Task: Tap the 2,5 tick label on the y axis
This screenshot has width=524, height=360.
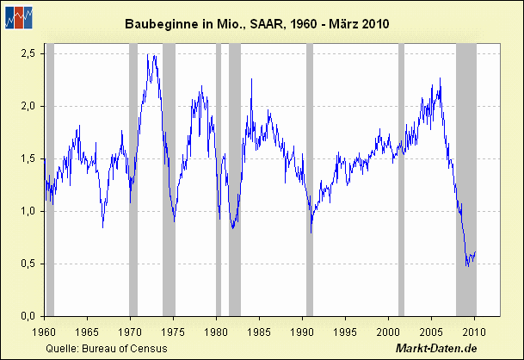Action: pos(28,53)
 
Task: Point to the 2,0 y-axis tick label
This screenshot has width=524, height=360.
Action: pos(28,106)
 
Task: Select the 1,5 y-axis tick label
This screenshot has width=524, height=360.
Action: pos(28,158)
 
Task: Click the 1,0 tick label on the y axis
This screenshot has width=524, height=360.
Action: pos(28,211)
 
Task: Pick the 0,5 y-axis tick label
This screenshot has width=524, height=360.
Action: pos(28,264)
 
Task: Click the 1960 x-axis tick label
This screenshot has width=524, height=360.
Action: pos(43,330)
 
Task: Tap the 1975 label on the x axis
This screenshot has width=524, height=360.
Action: pos(172,330)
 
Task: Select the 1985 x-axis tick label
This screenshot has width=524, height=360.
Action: pos(259,330)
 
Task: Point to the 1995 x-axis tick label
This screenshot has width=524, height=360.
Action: pos(345,330)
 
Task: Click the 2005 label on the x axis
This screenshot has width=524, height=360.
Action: pos(431,330)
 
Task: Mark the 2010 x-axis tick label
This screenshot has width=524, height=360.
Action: pos(474,330)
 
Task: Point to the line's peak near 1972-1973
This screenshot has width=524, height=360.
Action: pos(152,56)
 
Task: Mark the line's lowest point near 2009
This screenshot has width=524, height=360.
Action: pos(467,265)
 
